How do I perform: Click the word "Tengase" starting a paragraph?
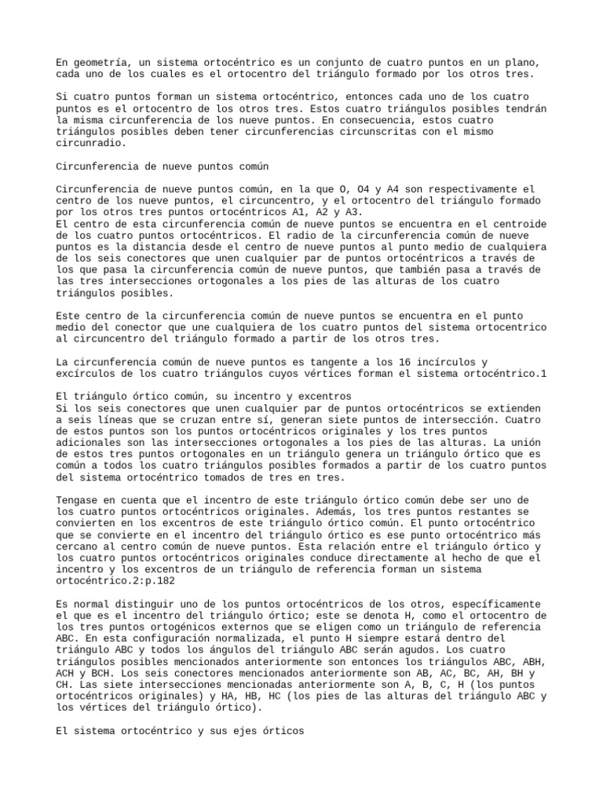click(x=80, y=500)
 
